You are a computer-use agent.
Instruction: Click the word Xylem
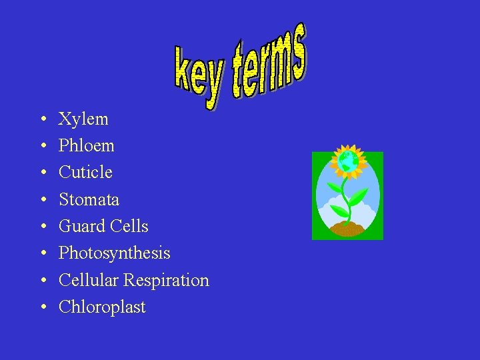(83, 119)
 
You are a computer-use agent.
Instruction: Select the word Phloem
(87, 146)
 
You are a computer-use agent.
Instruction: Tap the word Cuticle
(85, 173)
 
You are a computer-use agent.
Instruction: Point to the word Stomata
(89, 199)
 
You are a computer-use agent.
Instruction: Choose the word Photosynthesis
(114, 254)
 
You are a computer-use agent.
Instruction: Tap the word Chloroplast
(102, 307)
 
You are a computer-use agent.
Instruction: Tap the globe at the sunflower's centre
(347, 161)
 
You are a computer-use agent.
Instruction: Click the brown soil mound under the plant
(346, 229)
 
